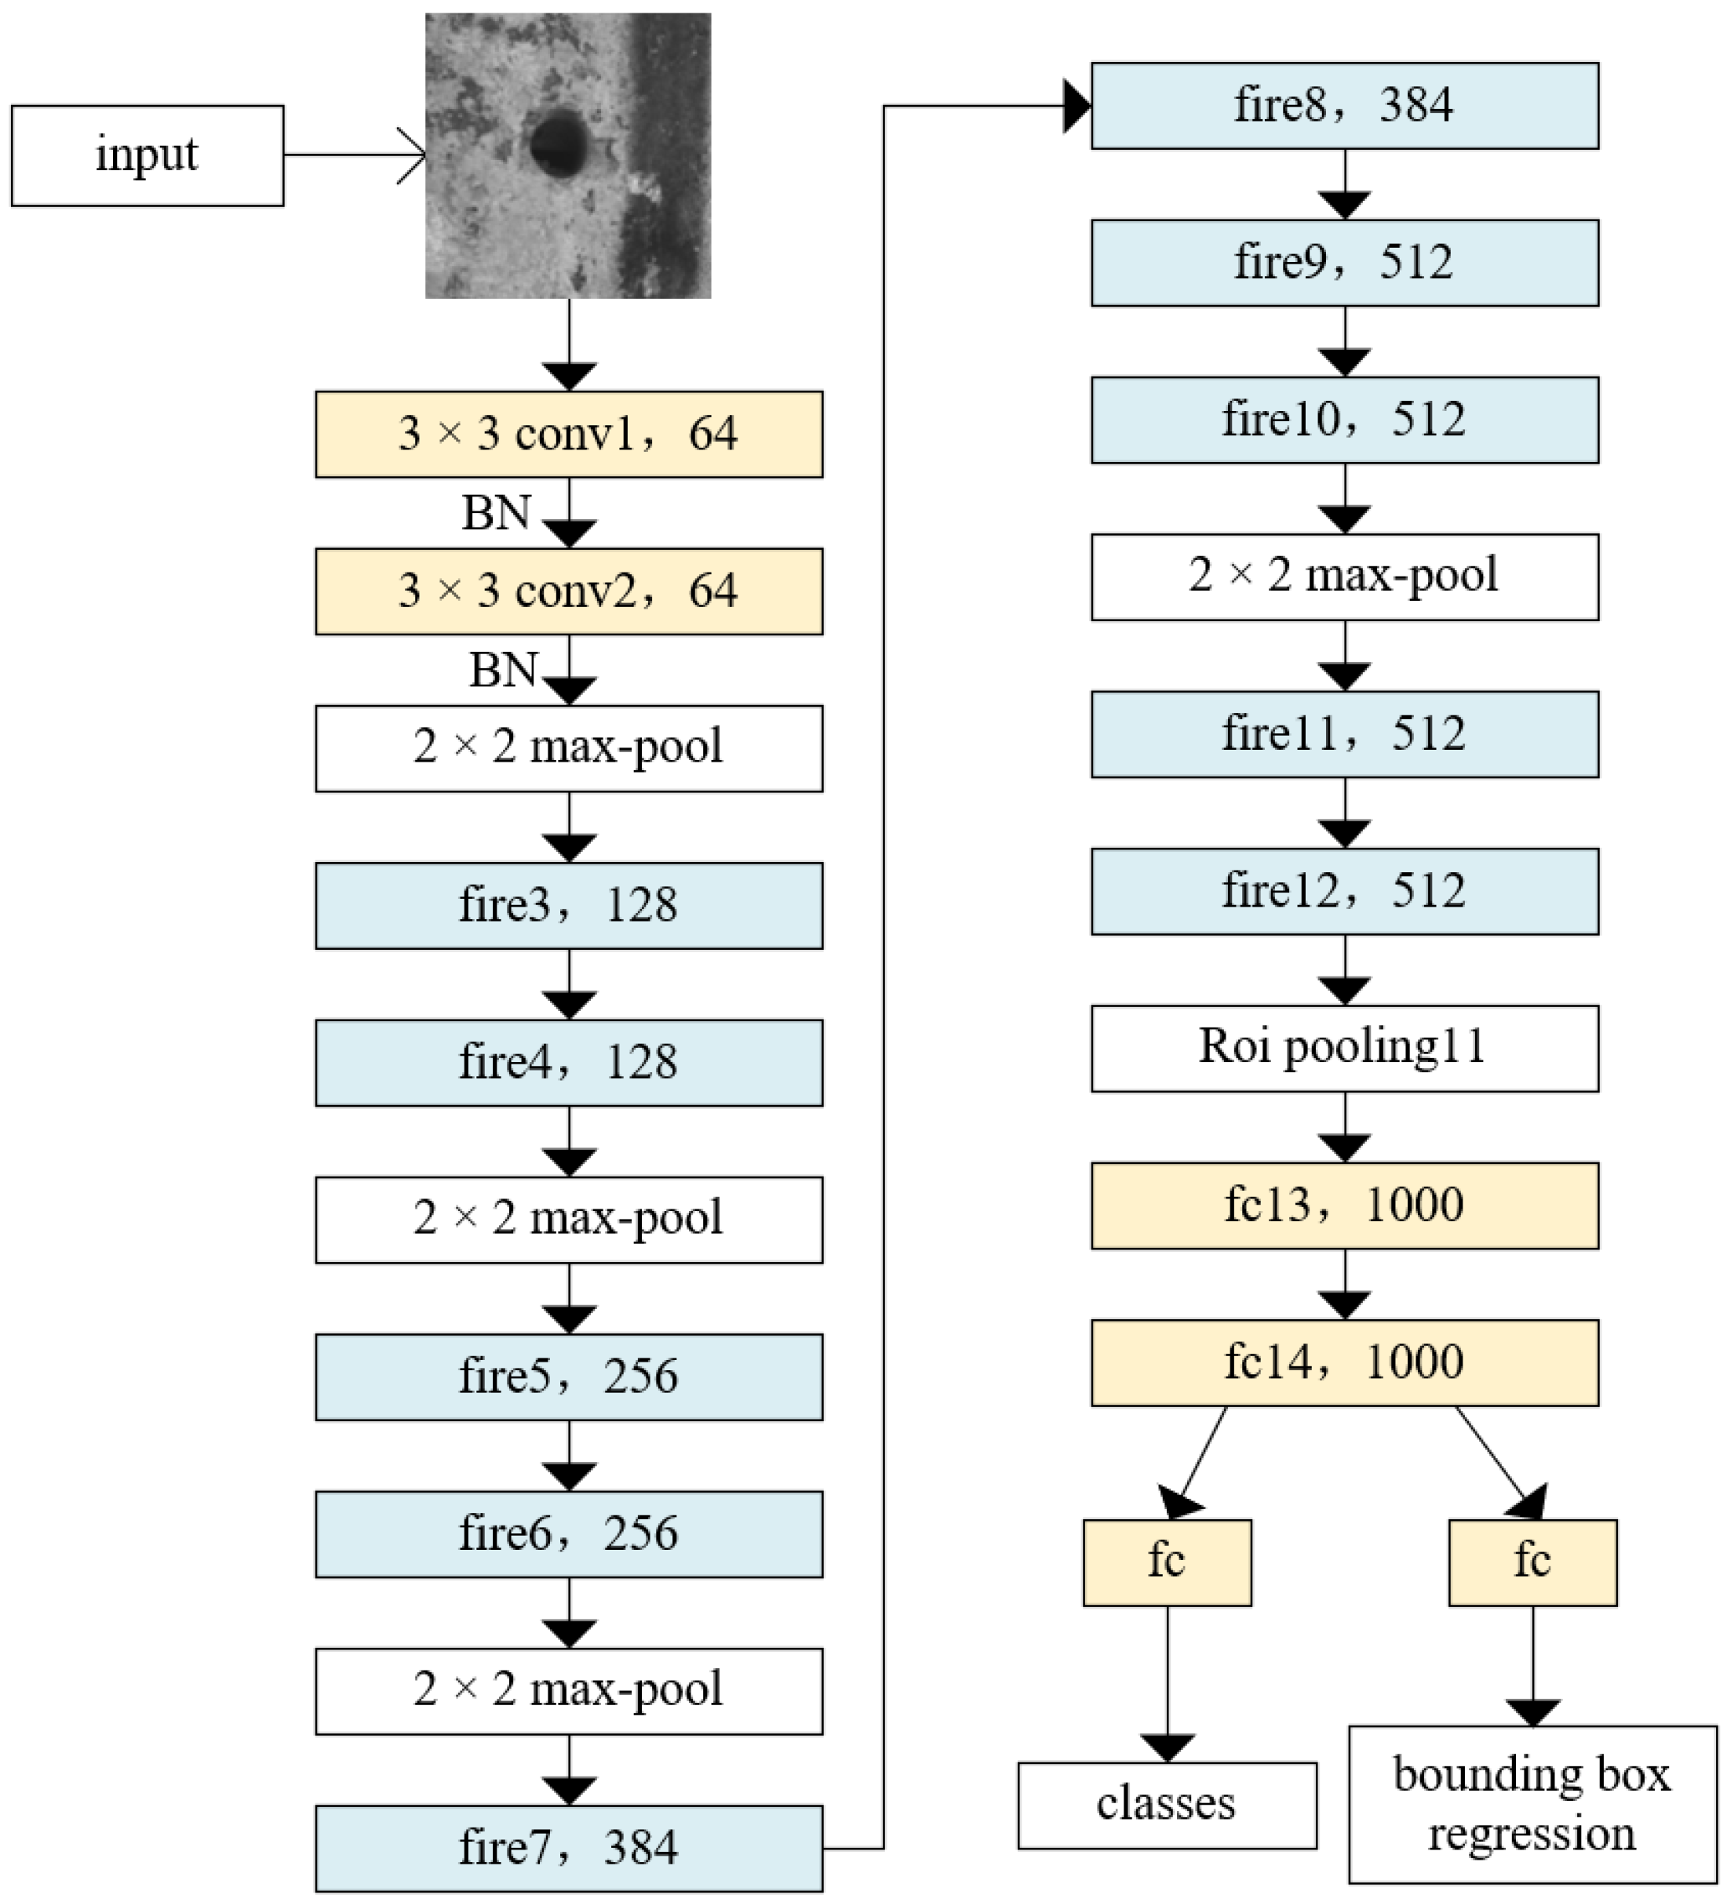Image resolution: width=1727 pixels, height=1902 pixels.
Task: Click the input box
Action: [x=148, y=155]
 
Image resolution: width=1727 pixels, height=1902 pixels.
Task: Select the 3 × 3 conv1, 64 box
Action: [x=569, y=434]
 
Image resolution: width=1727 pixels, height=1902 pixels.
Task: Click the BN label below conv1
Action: [x=495, y=513]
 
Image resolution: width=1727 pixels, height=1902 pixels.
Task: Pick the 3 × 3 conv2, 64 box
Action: [x=569, y=591]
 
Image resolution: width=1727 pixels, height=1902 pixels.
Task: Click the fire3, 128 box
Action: [x=569, y=906]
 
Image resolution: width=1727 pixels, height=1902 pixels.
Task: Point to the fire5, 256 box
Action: [x=569, y=1376]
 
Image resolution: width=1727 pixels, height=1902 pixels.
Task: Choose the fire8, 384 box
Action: [x=1345, y=106]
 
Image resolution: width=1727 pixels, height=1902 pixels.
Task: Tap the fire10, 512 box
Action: [x=1345, y=420]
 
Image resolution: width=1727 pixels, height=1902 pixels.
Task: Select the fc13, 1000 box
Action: [x=1345, y=1206]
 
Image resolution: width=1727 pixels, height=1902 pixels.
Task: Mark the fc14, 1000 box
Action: [x=1345, y=1362]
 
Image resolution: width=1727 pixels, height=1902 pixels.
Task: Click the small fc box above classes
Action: [x=1168, y=1562]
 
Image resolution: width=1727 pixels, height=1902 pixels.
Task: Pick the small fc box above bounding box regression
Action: [x=1532, y=1562]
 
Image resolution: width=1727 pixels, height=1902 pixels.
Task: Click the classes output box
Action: [x=1168, y=1805]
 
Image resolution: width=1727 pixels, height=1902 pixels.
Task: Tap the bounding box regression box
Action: [x=1532, y=1804]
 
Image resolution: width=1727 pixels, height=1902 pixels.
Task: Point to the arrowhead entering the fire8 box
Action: [x=1077, y=107]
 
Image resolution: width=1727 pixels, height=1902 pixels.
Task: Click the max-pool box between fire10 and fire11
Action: [x=1345, y=576]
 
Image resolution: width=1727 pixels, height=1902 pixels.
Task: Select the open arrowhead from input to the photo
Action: [x=414, y=155]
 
